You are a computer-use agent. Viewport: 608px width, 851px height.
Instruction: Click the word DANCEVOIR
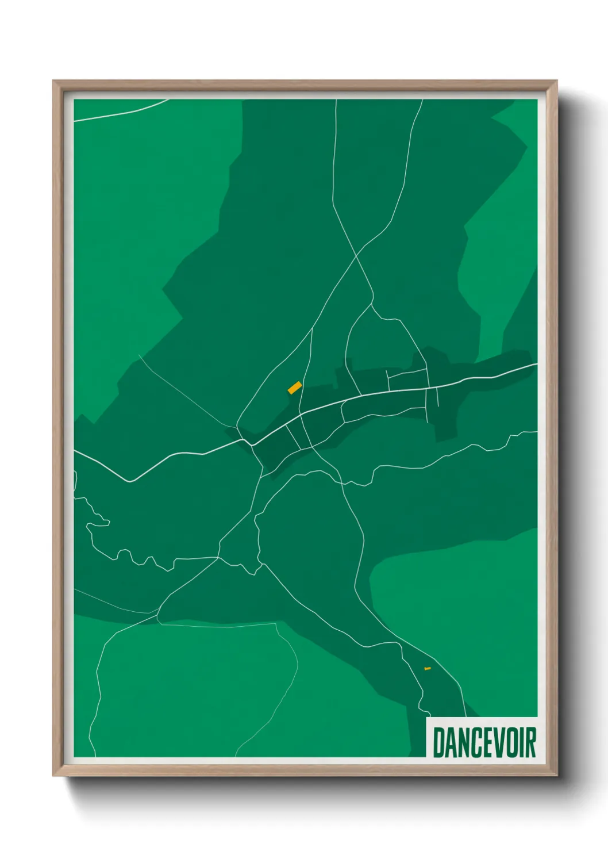484,742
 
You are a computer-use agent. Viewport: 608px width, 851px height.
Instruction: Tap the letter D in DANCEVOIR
438,742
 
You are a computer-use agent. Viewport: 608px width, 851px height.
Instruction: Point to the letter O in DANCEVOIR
508,742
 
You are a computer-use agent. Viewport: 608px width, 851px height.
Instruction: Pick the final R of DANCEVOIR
530,742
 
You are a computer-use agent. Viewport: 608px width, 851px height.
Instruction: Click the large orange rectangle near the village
295,388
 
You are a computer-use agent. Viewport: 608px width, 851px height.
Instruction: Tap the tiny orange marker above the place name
427,668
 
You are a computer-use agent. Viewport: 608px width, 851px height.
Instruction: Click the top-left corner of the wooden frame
54,82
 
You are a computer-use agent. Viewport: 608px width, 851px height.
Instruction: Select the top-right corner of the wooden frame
556,82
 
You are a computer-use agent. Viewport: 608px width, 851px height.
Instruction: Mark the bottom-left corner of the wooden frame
54,775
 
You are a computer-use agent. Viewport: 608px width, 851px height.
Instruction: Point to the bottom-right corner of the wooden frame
556,775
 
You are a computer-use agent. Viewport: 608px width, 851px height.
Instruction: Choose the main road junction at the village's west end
248,443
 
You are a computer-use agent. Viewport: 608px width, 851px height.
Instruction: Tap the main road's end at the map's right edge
536,364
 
